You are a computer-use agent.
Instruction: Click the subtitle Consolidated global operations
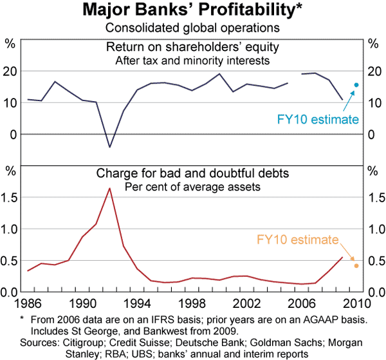click(x=193, y=27)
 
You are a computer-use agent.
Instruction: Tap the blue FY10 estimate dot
click(x=356, y=85)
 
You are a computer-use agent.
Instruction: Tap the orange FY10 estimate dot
click(x=356, y=265)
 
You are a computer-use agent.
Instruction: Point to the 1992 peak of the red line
click(x=110, y=188)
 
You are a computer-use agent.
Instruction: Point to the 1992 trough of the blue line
click(x=110, y=147)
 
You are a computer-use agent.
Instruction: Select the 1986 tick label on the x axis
click(x=28, y=303)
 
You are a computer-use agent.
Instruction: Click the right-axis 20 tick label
click(x=372, y=72)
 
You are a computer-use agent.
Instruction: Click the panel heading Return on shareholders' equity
click(x=194, y=47)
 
